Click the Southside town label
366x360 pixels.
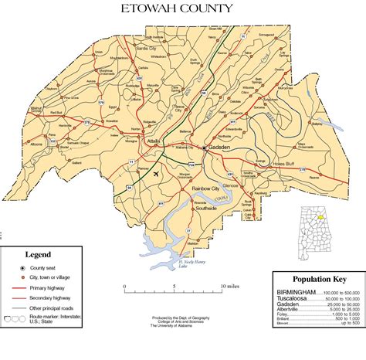point(205,209)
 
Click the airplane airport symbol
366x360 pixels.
point(158,174)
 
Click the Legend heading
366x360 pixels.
point(38,254)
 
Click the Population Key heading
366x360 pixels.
point(317,279)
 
